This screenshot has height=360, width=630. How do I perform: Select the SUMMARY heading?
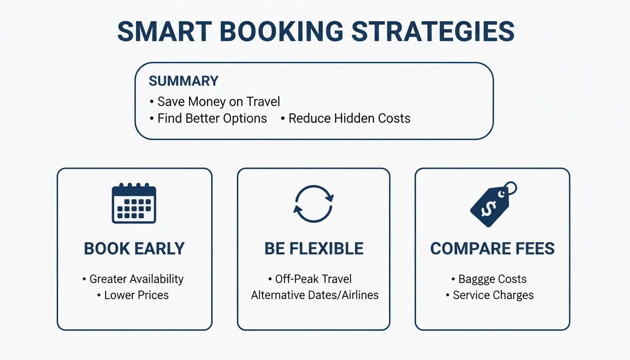(183, 81)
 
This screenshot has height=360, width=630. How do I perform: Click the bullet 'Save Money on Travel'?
(218, 101)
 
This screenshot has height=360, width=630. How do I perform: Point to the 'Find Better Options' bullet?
(212, 118)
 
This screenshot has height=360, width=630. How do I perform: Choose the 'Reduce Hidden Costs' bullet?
(349, 118)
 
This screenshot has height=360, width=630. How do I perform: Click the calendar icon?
(134, 203)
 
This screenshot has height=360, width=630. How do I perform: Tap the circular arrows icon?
(314, 204)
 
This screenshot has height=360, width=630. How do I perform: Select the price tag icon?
(492, 204)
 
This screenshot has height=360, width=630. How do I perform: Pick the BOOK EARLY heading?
(134, 248)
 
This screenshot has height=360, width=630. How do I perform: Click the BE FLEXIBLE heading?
(314, 248)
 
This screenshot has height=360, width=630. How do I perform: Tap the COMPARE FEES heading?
(492, 248)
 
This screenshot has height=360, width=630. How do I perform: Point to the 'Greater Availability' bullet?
(136, 279)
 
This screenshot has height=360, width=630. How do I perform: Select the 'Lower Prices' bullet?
(136, 295)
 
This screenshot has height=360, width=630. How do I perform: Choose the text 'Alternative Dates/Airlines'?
(315, 295)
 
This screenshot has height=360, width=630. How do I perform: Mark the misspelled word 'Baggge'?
(478, 279)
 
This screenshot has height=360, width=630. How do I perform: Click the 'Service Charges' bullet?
(493, 295)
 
